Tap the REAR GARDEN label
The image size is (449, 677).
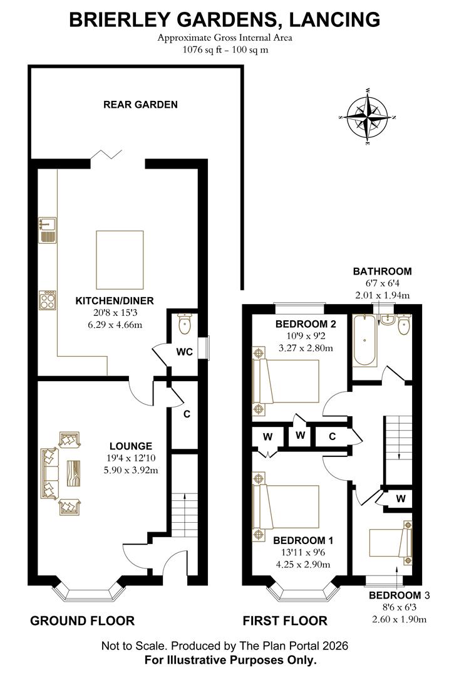[140, 105]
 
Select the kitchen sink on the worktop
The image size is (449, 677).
[48, 229]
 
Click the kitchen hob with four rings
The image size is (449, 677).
[48, 300]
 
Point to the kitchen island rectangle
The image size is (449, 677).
[120, 260]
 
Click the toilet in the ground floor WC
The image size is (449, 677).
[184, 324]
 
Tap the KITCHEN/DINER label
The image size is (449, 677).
[115, 301]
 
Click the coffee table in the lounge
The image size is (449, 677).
[73, 474]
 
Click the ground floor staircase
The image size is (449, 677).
[185, 513]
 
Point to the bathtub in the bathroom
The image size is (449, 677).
[365, 341]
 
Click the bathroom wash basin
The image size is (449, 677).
[386, 318]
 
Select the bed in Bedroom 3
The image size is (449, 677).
[391, 542]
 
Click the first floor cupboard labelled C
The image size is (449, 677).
[332, 436]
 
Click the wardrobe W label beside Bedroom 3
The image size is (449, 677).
[401, 499]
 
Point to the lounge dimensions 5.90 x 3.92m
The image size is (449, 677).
[131, 470]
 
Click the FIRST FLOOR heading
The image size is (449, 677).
[285, 621]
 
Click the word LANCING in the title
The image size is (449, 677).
[334, 20]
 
